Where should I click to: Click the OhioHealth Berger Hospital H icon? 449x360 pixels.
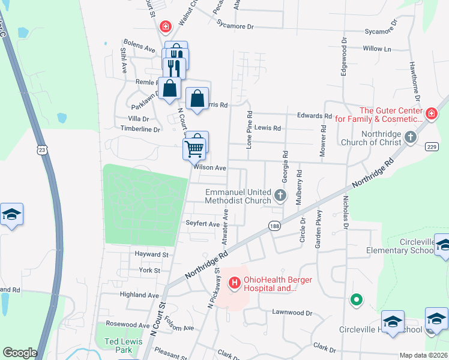pos(235,281)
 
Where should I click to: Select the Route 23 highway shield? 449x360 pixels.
pos(41,151)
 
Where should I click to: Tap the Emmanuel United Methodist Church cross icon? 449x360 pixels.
pos(280,195)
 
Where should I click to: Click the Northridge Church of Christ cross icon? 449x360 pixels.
pos(410,137)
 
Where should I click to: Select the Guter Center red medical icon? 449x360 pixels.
pos(431,113)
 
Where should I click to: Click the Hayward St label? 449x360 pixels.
pos(151,254)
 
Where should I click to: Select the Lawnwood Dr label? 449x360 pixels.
pos(293,313)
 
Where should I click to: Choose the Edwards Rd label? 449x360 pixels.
pos(315,116)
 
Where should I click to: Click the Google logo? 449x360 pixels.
pos(20,353)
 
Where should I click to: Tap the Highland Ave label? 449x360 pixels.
pos(139,295)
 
